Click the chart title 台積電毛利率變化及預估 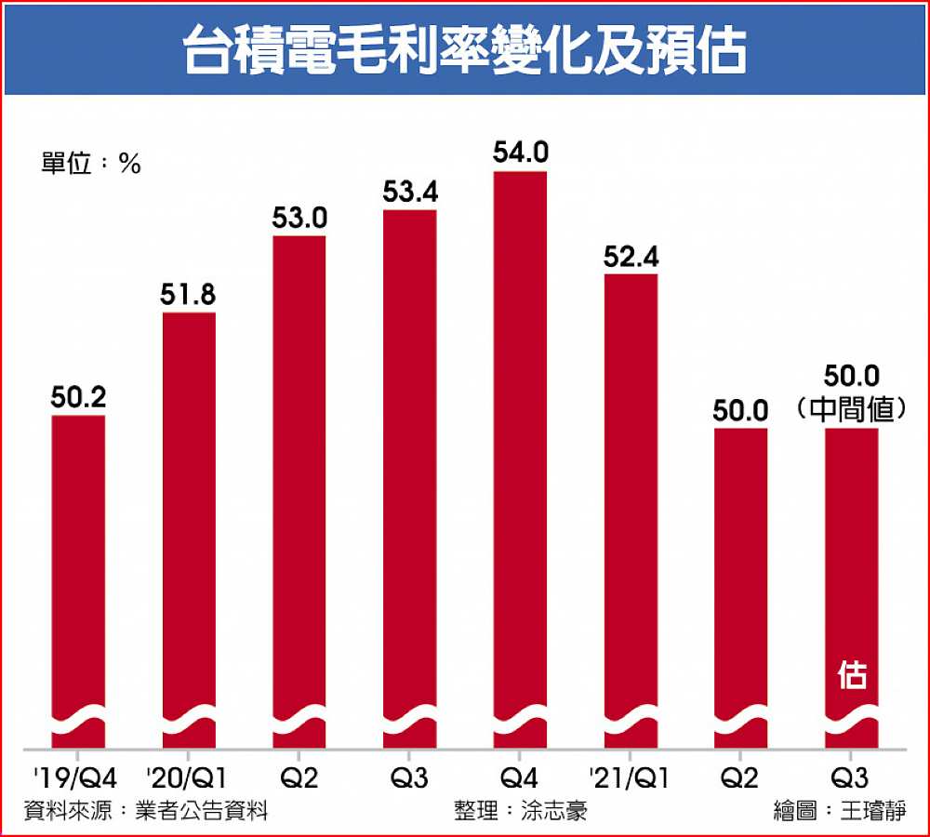464,48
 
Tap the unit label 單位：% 90,164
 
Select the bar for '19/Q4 78,577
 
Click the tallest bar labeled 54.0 520,456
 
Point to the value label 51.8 189,295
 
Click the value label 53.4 410,193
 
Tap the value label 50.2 78,398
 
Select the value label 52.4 631,256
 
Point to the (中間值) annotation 852,409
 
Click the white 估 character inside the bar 852,676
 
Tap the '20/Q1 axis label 188,776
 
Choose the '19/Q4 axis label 77,776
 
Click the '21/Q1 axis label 631,776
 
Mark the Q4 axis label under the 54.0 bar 520,776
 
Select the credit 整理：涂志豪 521,810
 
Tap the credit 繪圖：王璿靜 838,810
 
